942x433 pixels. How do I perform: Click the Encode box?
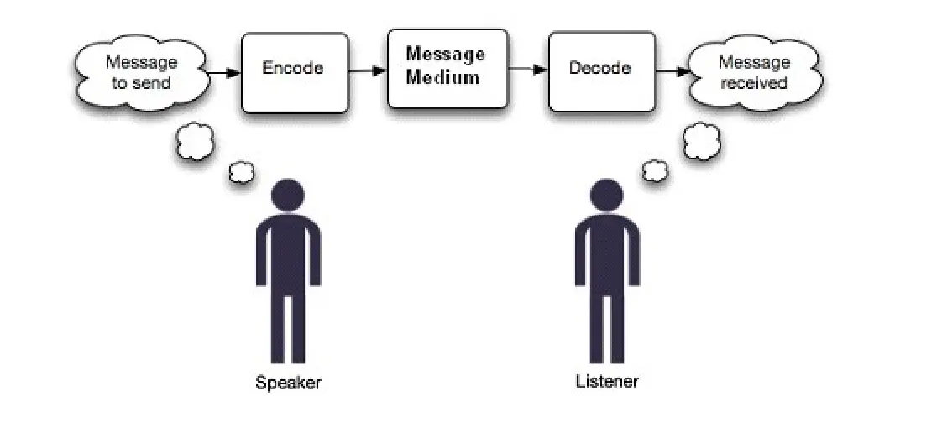(x=294, y=72)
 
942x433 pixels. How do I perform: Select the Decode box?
(x=600, y=72)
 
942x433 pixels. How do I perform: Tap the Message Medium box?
(x=447, y=68)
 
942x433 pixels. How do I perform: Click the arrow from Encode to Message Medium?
(x=367, y=71)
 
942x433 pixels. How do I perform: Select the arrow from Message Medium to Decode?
(x=528, y=70)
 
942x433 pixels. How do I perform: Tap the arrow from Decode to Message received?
(x=672, y=71)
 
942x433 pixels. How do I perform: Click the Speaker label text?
(x=288, y=383)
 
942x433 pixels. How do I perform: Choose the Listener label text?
(x=606, y=381)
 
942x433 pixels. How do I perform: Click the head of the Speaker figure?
(x=288, y=195)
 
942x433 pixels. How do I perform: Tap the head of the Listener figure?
(x=606, y=195)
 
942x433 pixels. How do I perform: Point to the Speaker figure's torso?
(x=288, y=252)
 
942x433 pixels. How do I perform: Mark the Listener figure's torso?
(x=606, y=252)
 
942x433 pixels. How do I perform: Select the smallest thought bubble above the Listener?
(x=656, y=171)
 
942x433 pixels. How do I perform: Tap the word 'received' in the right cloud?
(x=754, y=82)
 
